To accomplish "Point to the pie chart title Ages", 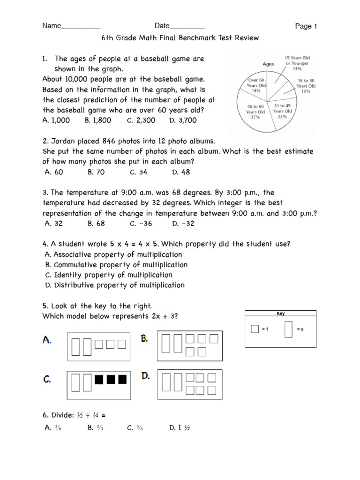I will click(268, 64).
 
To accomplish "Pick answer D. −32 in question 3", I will click(183, 224).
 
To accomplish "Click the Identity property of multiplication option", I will click(108, 275).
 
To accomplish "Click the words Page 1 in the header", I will click(306, 26).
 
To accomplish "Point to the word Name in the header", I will click(52, 26).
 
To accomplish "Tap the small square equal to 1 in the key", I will click(255, 330).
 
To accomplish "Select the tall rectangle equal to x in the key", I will click(289, 329).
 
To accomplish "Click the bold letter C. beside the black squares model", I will click(48, 380).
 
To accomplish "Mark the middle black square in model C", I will click(111, 379).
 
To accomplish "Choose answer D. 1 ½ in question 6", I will click(179, 427).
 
